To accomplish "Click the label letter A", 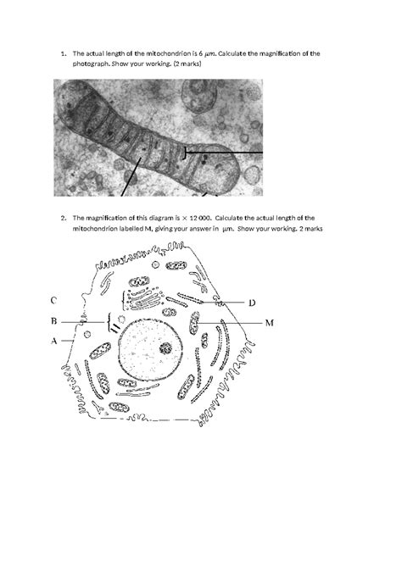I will coord(53,341).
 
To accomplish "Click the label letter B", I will coord(53,321).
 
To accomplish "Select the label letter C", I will coord(53,300).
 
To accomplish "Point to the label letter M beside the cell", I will coord(269,323).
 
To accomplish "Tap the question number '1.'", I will coord(64,53).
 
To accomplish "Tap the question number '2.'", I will coord(64,217).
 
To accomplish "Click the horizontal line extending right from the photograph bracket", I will coord(225,152).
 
